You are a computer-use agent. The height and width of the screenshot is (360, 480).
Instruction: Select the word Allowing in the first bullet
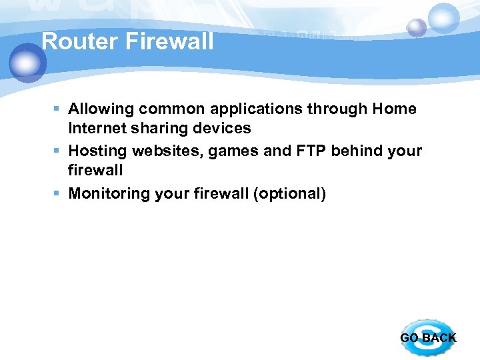click(101, 109)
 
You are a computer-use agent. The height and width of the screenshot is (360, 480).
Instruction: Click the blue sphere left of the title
click(27, 63)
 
